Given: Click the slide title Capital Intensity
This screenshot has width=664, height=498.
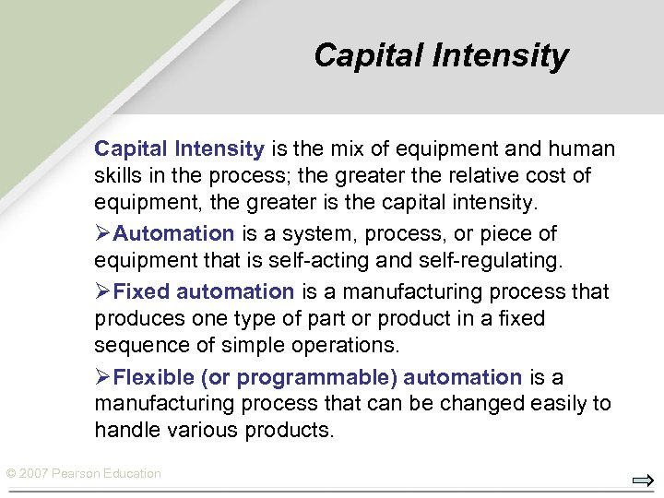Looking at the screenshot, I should coord(441,55).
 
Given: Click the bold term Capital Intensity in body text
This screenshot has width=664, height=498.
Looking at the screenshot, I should coord(180,149).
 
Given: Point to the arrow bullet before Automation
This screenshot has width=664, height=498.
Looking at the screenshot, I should coord(103,234).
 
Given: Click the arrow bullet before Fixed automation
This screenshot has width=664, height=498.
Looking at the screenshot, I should coord(103,291).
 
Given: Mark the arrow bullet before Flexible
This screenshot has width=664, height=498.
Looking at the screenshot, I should coord(103,377).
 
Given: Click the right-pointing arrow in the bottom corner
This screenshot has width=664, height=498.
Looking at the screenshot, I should coord(643,480).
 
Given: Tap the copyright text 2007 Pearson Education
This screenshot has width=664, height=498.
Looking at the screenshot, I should coord(84,473).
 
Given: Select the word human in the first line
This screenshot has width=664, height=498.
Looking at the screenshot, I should coord(585,149).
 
